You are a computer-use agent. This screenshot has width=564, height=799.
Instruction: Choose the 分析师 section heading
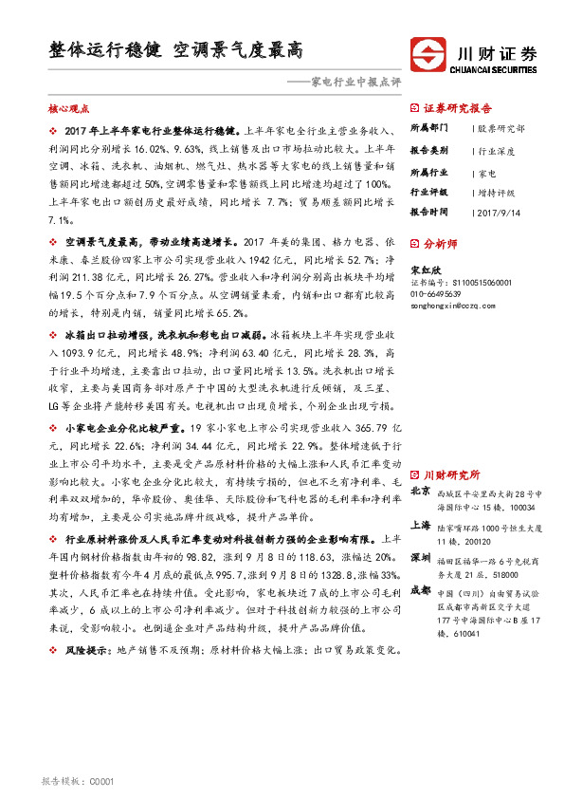(441, 243)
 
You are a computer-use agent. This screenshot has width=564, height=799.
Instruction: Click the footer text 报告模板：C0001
(79, 781)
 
